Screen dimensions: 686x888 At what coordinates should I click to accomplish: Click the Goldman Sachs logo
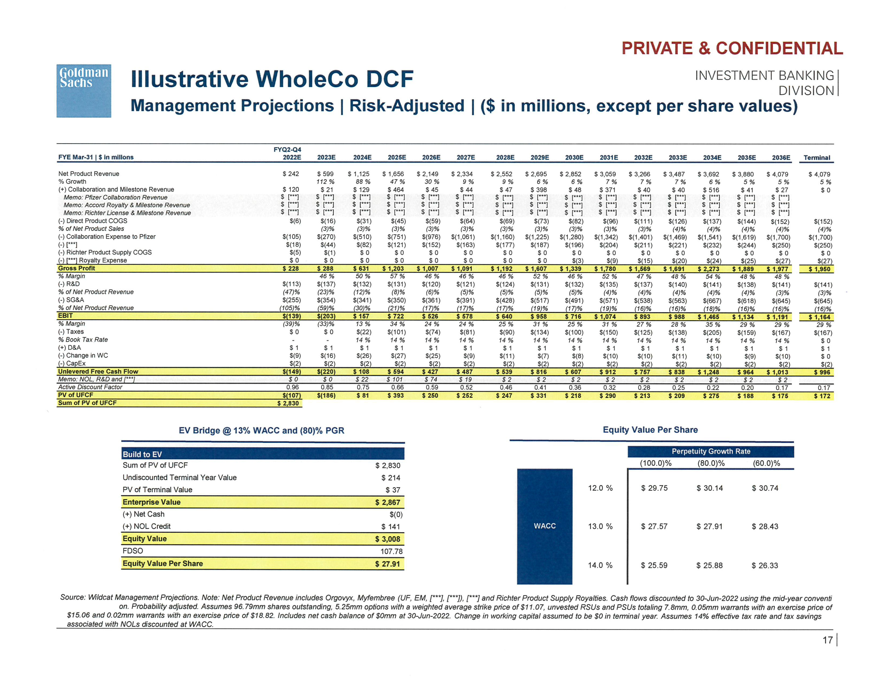pyautogui.click(x=84, y=91)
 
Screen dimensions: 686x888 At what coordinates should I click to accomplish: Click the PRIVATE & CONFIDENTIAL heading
pyautogui.click(x=732, y=49)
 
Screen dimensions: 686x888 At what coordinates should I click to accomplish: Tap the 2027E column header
pyautogui.click(x=466, y=157)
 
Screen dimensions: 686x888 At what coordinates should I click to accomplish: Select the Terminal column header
pyautogui.click(x=817, y=158)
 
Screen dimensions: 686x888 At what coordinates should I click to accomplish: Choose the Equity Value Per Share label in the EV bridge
pyautogui.click(x=163, y=563)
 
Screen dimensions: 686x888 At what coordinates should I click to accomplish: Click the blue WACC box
pyautogui.click(x=544, y=526)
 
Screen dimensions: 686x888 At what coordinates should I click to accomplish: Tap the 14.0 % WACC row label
pyautogui.click(x=600, y=565)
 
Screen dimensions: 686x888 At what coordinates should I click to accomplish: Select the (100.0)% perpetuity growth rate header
pyautogui.click(x=656, y=463)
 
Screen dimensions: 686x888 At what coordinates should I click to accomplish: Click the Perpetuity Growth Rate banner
pyautogui.click(x=711, y=451)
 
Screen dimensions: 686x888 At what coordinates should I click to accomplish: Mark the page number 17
pyautogui.click(x=827, y=640)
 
